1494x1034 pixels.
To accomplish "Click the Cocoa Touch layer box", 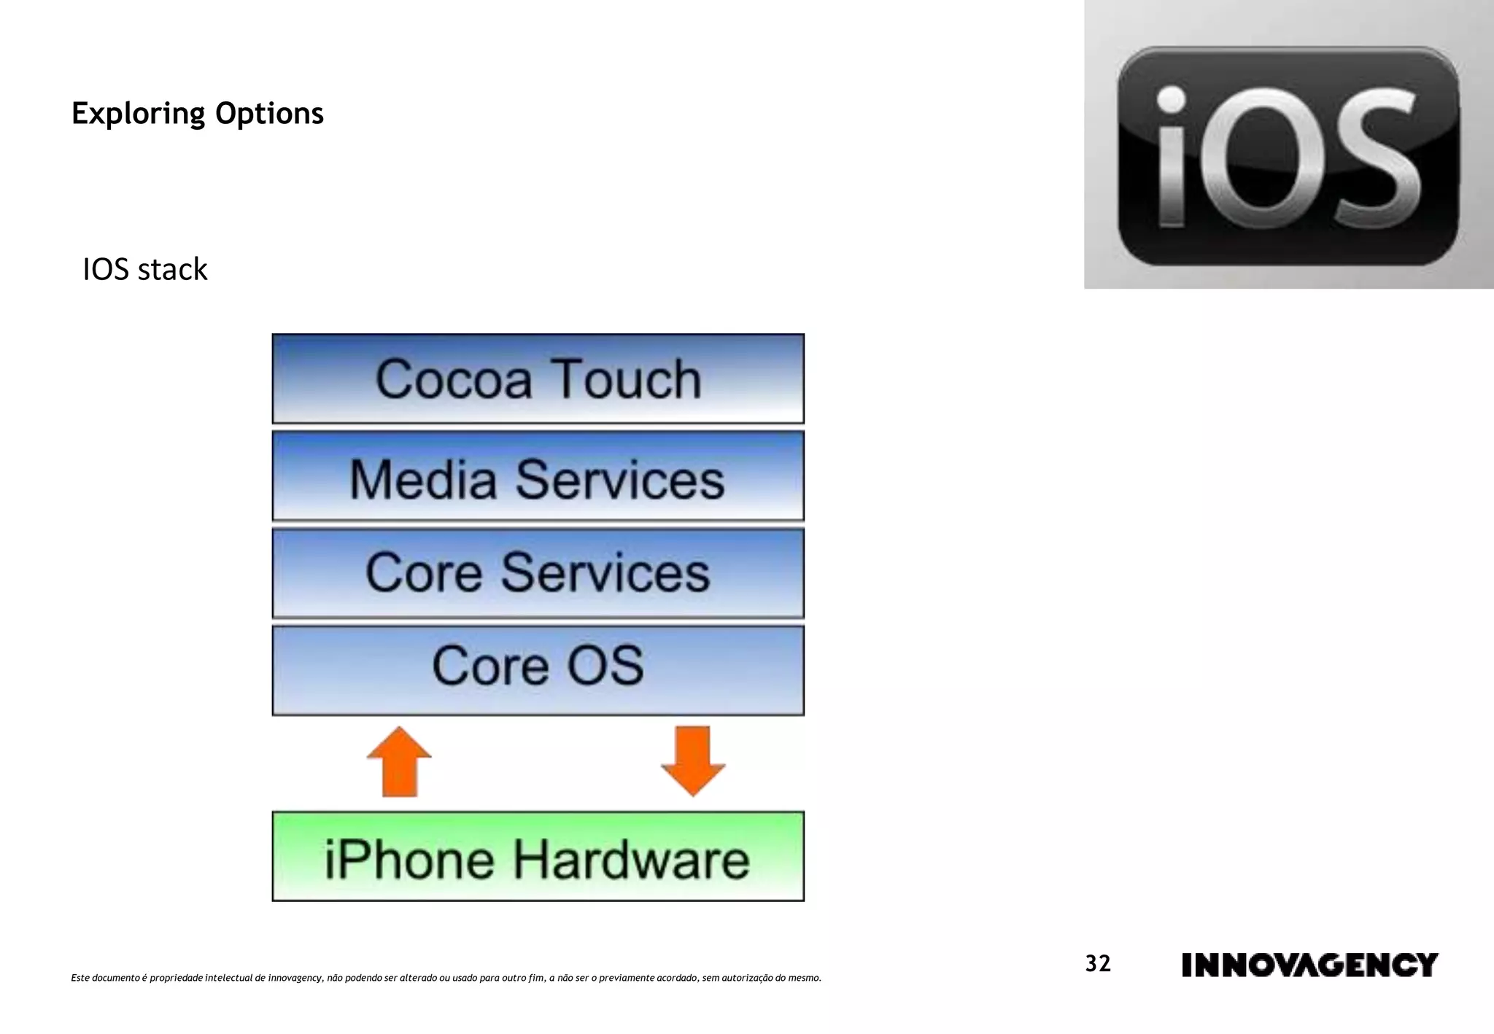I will [x=538, y=378].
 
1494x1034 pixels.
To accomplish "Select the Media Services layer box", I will [x=538, y=475].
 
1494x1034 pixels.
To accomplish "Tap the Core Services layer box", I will [x=538, y=573].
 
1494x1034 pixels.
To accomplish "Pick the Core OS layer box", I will [x=538, y=669].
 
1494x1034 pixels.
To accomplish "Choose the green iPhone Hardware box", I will [x=538, y=856].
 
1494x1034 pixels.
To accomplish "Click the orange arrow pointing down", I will [x=693, y=761].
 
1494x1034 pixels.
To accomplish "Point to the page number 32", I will [x=1098, y=964].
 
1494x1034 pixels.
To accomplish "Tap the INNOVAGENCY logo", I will [x=1309, y=965].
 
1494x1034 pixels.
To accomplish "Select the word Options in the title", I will [x=269, y=114].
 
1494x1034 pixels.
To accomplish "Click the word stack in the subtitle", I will [x=172, y=270].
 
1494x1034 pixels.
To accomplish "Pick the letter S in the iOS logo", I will [x=1373, y=157].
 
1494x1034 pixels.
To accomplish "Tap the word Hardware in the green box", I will [x=631, y=859].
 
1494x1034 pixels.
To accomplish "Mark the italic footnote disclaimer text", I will [x=446, y=978].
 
